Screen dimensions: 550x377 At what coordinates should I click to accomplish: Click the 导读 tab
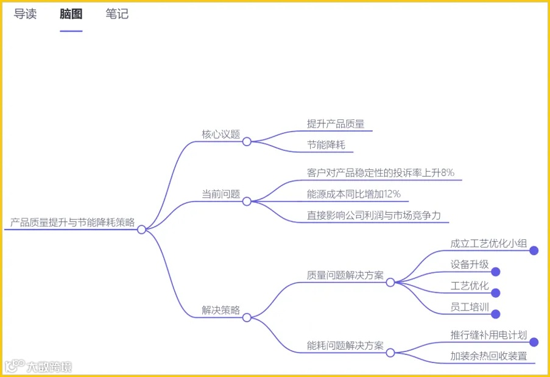tap(25, 15)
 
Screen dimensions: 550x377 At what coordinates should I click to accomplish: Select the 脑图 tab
tap(71, 15)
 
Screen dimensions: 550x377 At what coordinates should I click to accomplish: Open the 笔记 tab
tap(117, 15)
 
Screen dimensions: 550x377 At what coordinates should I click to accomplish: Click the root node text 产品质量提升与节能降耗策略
tap(72, 222)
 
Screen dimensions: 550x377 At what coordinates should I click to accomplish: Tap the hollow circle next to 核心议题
tap(247, 141)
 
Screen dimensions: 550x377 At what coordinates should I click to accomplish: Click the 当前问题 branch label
tap(221, 194)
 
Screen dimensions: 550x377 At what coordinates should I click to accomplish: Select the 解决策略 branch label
tap(221, 309)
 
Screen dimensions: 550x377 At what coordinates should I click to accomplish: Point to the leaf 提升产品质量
tap(336, 124)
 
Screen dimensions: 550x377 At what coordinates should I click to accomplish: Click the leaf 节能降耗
tap(326, 145)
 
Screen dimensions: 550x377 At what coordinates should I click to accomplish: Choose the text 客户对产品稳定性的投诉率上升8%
tap(381, 173)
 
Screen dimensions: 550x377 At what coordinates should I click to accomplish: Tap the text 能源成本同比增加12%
tap(354, 194)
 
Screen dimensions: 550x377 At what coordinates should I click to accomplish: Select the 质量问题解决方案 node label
tap(345, 275)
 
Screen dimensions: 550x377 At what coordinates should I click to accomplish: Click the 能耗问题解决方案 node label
tap(345, 346)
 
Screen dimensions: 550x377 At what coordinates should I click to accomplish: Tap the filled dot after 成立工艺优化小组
tap(534, 250)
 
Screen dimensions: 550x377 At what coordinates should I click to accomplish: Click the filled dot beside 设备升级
tap(495, 272)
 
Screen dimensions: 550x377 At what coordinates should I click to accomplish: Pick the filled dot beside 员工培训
tap(495, 314)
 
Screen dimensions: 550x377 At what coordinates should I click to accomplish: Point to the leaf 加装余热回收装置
tap(488, 356)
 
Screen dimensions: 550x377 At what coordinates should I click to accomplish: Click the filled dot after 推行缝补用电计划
tap(534, 342)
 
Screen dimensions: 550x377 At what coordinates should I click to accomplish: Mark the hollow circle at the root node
tap(141, 230)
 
